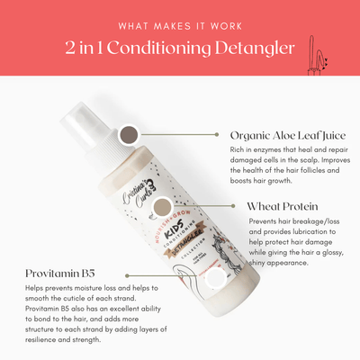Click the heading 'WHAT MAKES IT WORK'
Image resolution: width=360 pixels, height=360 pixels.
pyautogui.click(x=180, y=26)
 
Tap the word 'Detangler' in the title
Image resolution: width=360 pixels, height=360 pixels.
pyautogui.click(x=255, y=48)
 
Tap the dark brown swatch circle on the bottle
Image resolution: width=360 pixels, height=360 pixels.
pyautogui.click(x=130, y=136)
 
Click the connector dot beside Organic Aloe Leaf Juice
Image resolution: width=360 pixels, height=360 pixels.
pyautogui.click(x=217, y=135)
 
